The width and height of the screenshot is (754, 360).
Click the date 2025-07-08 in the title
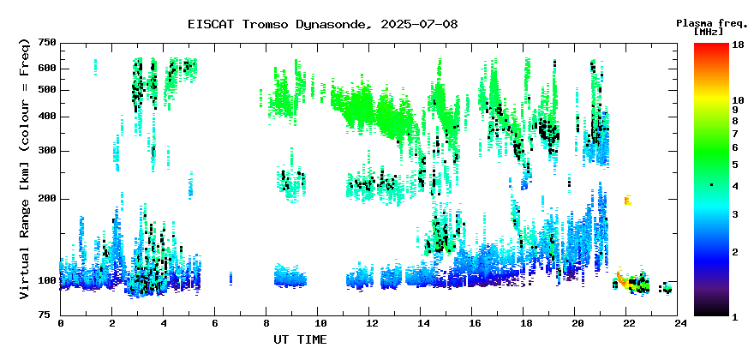coord(419,24)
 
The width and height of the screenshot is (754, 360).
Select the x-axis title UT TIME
coord(300,339)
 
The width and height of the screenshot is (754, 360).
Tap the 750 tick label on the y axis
coord(47,44)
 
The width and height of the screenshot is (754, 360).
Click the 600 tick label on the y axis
coord(47,69)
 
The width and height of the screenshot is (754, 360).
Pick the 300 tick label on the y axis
coord(47,151)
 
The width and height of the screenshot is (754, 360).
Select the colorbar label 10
coord(738,100)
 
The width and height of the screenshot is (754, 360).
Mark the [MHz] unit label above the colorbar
coord(709,32)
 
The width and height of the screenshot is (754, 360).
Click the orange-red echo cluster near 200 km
coord(627,199)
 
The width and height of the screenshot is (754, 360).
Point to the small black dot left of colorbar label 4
coord(712,184)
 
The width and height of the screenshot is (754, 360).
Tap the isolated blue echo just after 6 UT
coord(230,278)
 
